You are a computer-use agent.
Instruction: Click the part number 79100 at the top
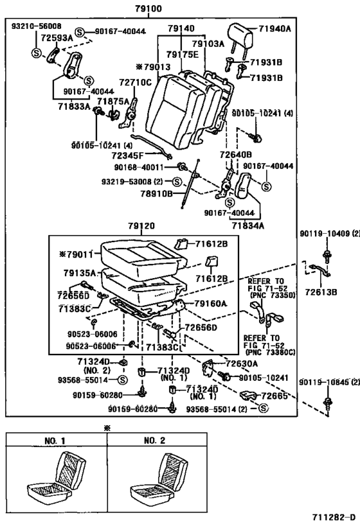click(148, 10)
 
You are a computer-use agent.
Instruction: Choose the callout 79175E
click(183, 55)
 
